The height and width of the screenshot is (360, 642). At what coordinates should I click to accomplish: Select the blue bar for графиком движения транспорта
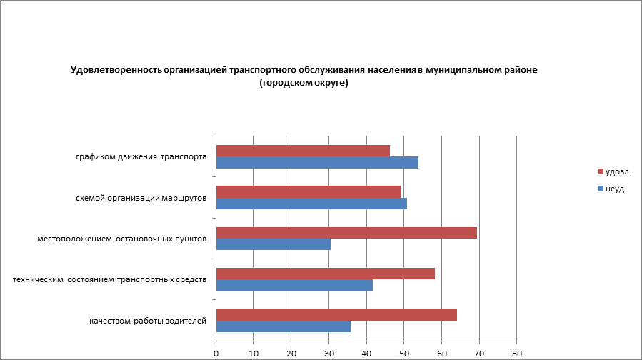coord(317,162)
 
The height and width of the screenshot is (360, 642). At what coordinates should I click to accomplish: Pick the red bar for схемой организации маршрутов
coord(308,191)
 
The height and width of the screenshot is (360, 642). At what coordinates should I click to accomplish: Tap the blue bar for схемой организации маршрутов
coord(311,204)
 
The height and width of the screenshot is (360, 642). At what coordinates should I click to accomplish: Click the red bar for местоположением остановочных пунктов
coord(346,233)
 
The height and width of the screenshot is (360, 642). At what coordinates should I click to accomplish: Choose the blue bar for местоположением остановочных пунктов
coord(273,244)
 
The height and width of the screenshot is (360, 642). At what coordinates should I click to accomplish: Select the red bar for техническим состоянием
coord(325,274)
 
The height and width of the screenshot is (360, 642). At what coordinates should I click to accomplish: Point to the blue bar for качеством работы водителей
coord(283,326)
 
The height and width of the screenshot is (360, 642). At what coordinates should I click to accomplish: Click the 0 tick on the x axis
coord(216,353)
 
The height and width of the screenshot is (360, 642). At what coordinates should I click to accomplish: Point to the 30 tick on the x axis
coord(328,353)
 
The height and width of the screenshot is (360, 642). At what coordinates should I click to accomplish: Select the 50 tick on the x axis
coord(404,353)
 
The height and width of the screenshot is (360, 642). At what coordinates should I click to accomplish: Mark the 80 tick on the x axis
coord(517,353)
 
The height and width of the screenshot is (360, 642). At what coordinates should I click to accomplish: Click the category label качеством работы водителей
coord(148,321)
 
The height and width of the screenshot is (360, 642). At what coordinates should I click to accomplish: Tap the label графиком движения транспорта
coord(142,156)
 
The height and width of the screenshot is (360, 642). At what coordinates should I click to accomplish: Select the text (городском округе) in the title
coord(304,84)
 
